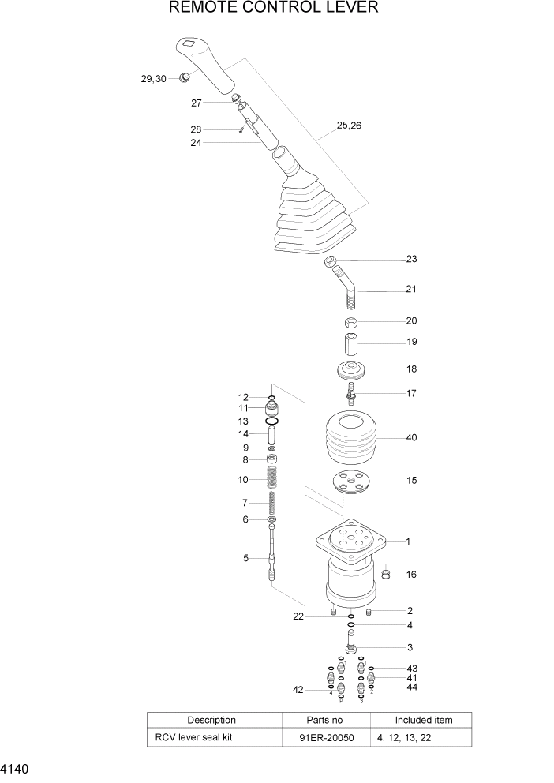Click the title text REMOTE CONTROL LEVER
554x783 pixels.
click(x=273, y=9)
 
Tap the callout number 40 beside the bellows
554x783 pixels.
click(x=411, y=437)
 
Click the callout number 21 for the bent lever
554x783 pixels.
click(x=411, y=290)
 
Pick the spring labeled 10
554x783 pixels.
click(x=271, y=479)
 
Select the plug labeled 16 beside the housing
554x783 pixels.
click(x=387, y=574)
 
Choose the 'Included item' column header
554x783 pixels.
click(x=424, y=720)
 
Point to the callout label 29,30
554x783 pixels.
click(x=153, y=79)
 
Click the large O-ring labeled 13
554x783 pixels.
click(x=271, y=421)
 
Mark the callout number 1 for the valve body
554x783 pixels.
click(x=407, y=541)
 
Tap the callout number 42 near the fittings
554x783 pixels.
click(x=298, y=690)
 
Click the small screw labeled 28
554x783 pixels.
click(x=241, y=130)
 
